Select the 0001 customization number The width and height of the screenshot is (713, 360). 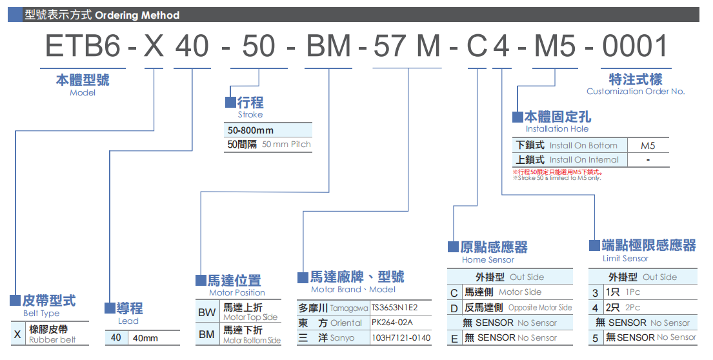[635, 46]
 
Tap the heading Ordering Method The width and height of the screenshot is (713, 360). [137, 15]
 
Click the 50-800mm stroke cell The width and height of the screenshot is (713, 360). [250, 130]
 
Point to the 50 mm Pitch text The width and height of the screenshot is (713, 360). [286, 145]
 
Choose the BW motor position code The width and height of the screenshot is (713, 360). [206, 312]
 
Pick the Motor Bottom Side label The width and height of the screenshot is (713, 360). [252, 340]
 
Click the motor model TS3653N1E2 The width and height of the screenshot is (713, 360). [394, 307]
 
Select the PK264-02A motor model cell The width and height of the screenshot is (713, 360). [392, 323]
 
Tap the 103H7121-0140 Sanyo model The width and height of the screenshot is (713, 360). [400, 337]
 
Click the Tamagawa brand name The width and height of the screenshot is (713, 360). [349, 308]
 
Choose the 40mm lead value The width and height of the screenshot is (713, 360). [145, 338]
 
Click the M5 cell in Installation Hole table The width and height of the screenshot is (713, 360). [647, 146]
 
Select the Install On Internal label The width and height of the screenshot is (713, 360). [584, 159]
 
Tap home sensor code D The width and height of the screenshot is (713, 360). [454, 308]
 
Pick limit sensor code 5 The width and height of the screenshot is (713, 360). [595, 337]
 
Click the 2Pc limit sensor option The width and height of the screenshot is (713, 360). [632, 308]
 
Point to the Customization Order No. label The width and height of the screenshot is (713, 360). [635, 92]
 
